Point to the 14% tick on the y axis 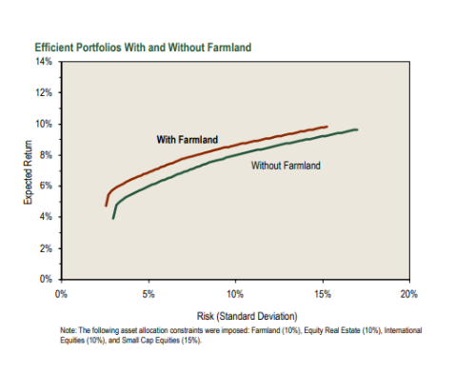tap(44, 62)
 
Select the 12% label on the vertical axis tap(44, 93)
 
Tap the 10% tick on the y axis tap(44, 124)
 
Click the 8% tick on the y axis tap(46, 155)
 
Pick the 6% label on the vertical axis tap(46, 186)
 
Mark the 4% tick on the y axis tap(46, 217)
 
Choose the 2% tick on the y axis tap(46, 247)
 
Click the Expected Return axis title tap(28, 171)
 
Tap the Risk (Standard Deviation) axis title tap(235, 315)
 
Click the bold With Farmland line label tap(187, 140)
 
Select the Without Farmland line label tap(286, 166)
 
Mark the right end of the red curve tap(327, 126)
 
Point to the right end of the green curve tap(357, 129)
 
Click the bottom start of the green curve tap(113, 218)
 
